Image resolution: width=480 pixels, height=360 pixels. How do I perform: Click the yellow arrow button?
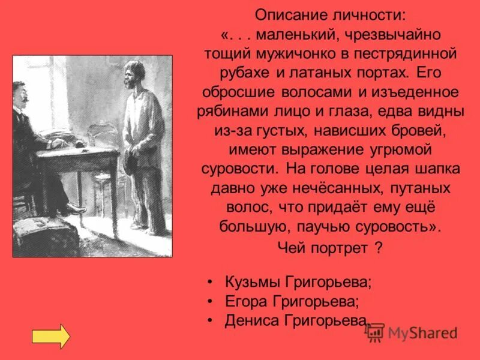(x=50, y=337)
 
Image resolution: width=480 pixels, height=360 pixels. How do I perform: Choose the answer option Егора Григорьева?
(x=292, y=301)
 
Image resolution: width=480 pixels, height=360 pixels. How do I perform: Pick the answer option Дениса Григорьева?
(x=296, y=320)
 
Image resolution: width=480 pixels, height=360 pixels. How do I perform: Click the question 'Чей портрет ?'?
(x=331, y=248)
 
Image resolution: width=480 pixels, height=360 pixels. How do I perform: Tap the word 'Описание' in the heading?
(x=287, y=13)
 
